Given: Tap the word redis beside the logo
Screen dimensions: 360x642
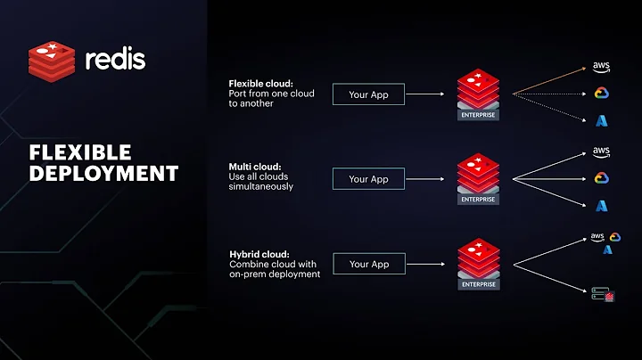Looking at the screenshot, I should pyautogui.click(x=114, y=61).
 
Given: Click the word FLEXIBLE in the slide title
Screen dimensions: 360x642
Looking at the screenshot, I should pyautogui.click(x=80, y=151).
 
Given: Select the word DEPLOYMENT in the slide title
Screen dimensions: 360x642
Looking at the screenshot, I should pyautogui.click(x=103, y=172).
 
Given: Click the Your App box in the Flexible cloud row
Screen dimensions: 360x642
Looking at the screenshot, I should pyautogui.click(x=368, y=94).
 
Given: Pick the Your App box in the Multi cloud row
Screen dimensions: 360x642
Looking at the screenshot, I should pyautogui.click(x=368, y=179).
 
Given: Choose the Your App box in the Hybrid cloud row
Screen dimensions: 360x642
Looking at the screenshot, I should pyautogui.click(x=368, y=264).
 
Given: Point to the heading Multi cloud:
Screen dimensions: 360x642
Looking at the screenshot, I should pyautogui.click(x=255, y=166).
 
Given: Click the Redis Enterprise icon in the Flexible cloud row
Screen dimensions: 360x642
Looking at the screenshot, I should pyautogui.click(x=477, y=96).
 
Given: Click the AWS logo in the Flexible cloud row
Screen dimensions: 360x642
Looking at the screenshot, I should pyautogui.click(x=600, y=68).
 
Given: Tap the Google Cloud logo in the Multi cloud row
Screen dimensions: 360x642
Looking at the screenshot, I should pyautogui.click(x=601, y=178).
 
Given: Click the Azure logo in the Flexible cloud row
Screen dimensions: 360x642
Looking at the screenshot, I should pyautogui.click(x=601, y=120).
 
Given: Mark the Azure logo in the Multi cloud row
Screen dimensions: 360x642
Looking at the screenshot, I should pyautogui.click(x=601, y=205).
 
